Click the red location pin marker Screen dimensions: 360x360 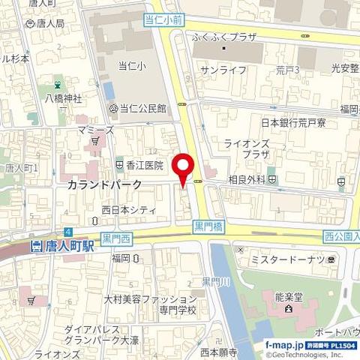[183, 167]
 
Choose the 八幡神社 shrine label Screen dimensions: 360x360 [62, 97]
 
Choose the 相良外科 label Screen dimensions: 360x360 [247, 180]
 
